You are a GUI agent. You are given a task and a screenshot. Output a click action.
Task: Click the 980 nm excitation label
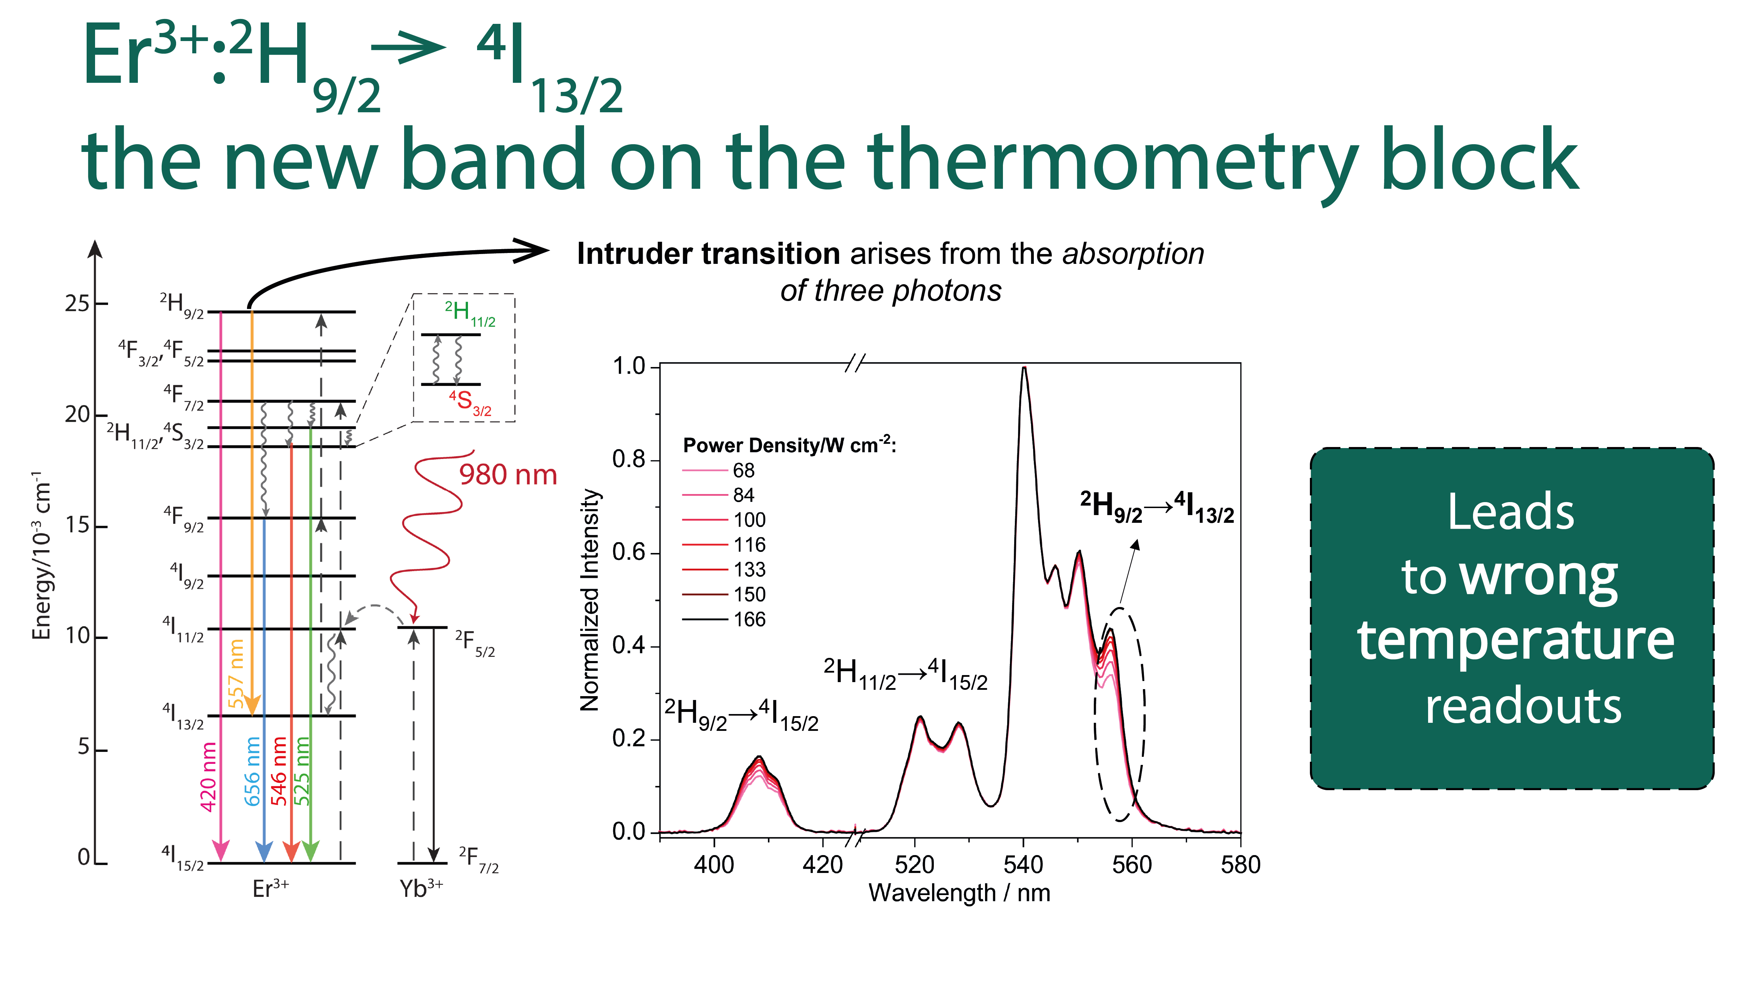tap(508, 475)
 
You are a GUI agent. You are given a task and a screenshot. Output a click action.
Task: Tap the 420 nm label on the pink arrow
tap(208, 776)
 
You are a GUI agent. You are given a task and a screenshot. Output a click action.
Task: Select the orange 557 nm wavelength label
tap(236, 673)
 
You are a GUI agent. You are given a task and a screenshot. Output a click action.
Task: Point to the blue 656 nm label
tap(253, 771)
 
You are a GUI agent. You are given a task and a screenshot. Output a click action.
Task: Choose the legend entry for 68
tap(719, 470)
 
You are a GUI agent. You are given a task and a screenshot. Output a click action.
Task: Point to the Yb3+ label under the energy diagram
tap(421, 888)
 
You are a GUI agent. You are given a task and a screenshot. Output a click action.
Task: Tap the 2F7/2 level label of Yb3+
tap(479, 860)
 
